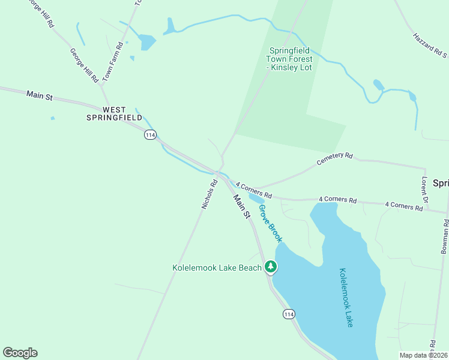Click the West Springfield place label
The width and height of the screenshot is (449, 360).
[122, 113]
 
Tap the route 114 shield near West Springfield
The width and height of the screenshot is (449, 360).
[150, 136]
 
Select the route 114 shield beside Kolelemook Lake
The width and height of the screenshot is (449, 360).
[289, 314]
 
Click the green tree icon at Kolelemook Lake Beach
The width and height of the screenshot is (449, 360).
[271, 266]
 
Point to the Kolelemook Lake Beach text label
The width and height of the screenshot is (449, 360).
[217, 268]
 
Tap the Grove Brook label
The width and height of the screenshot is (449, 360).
[270, 223]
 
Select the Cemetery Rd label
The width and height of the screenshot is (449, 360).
[334, 159]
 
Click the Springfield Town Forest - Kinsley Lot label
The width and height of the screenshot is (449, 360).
[291, 59]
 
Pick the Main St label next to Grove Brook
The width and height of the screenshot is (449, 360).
[241, 206]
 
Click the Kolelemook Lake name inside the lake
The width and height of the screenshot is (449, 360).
[346, 298]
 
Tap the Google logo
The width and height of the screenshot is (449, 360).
[20, 353]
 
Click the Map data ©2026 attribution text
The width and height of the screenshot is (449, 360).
[423, 355]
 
